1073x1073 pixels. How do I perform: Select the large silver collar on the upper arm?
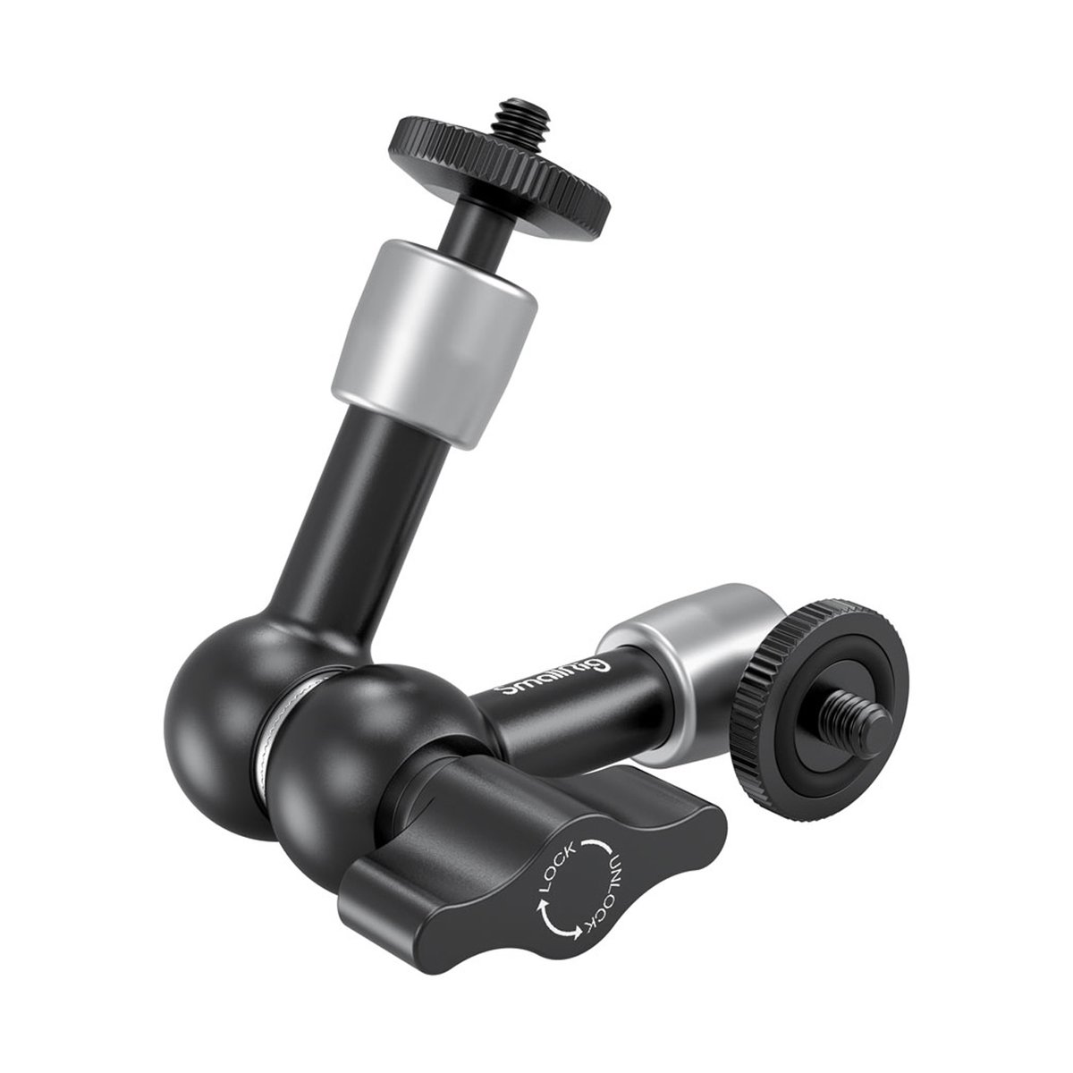click(434, 344)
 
